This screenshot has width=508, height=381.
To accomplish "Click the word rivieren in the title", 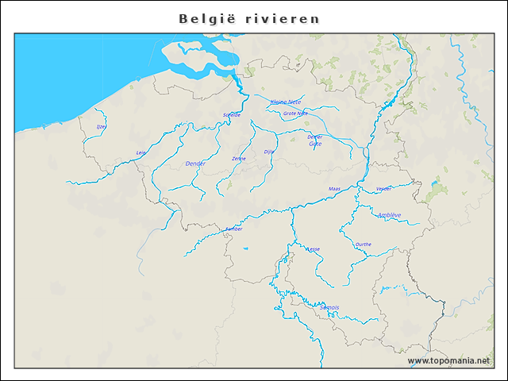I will coord(283,18).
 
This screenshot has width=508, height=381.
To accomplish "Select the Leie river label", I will coord(141,152).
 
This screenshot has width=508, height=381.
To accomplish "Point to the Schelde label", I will coord(232,115).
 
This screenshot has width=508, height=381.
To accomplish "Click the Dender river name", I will coord(195,164).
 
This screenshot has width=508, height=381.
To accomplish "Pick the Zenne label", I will coord(239,159).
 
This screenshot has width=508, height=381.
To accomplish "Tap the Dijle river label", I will coord(268,151).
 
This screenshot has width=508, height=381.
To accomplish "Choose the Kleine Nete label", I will coord(287,102).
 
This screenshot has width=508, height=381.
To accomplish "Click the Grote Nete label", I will coord(295,114).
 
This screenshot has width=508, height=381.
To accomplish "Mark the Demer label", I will coord(315,137).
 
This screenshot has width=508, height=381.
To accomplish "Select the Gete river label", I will coord(315,144).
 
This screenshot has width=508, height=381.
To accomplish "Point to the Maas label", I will coord(334,189).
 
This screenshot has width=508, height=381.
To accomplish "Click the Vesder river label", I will coord(384,189).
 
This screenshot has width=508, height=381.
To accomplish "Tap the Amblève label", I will coord(389,215).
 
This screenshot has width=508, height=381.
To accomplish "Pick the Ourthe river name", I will coord(364,244).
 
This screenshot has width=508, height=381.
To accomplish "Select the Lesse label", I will coord(314,249).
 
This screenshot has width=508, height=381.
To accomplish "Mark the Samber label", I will coord(233,229).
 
